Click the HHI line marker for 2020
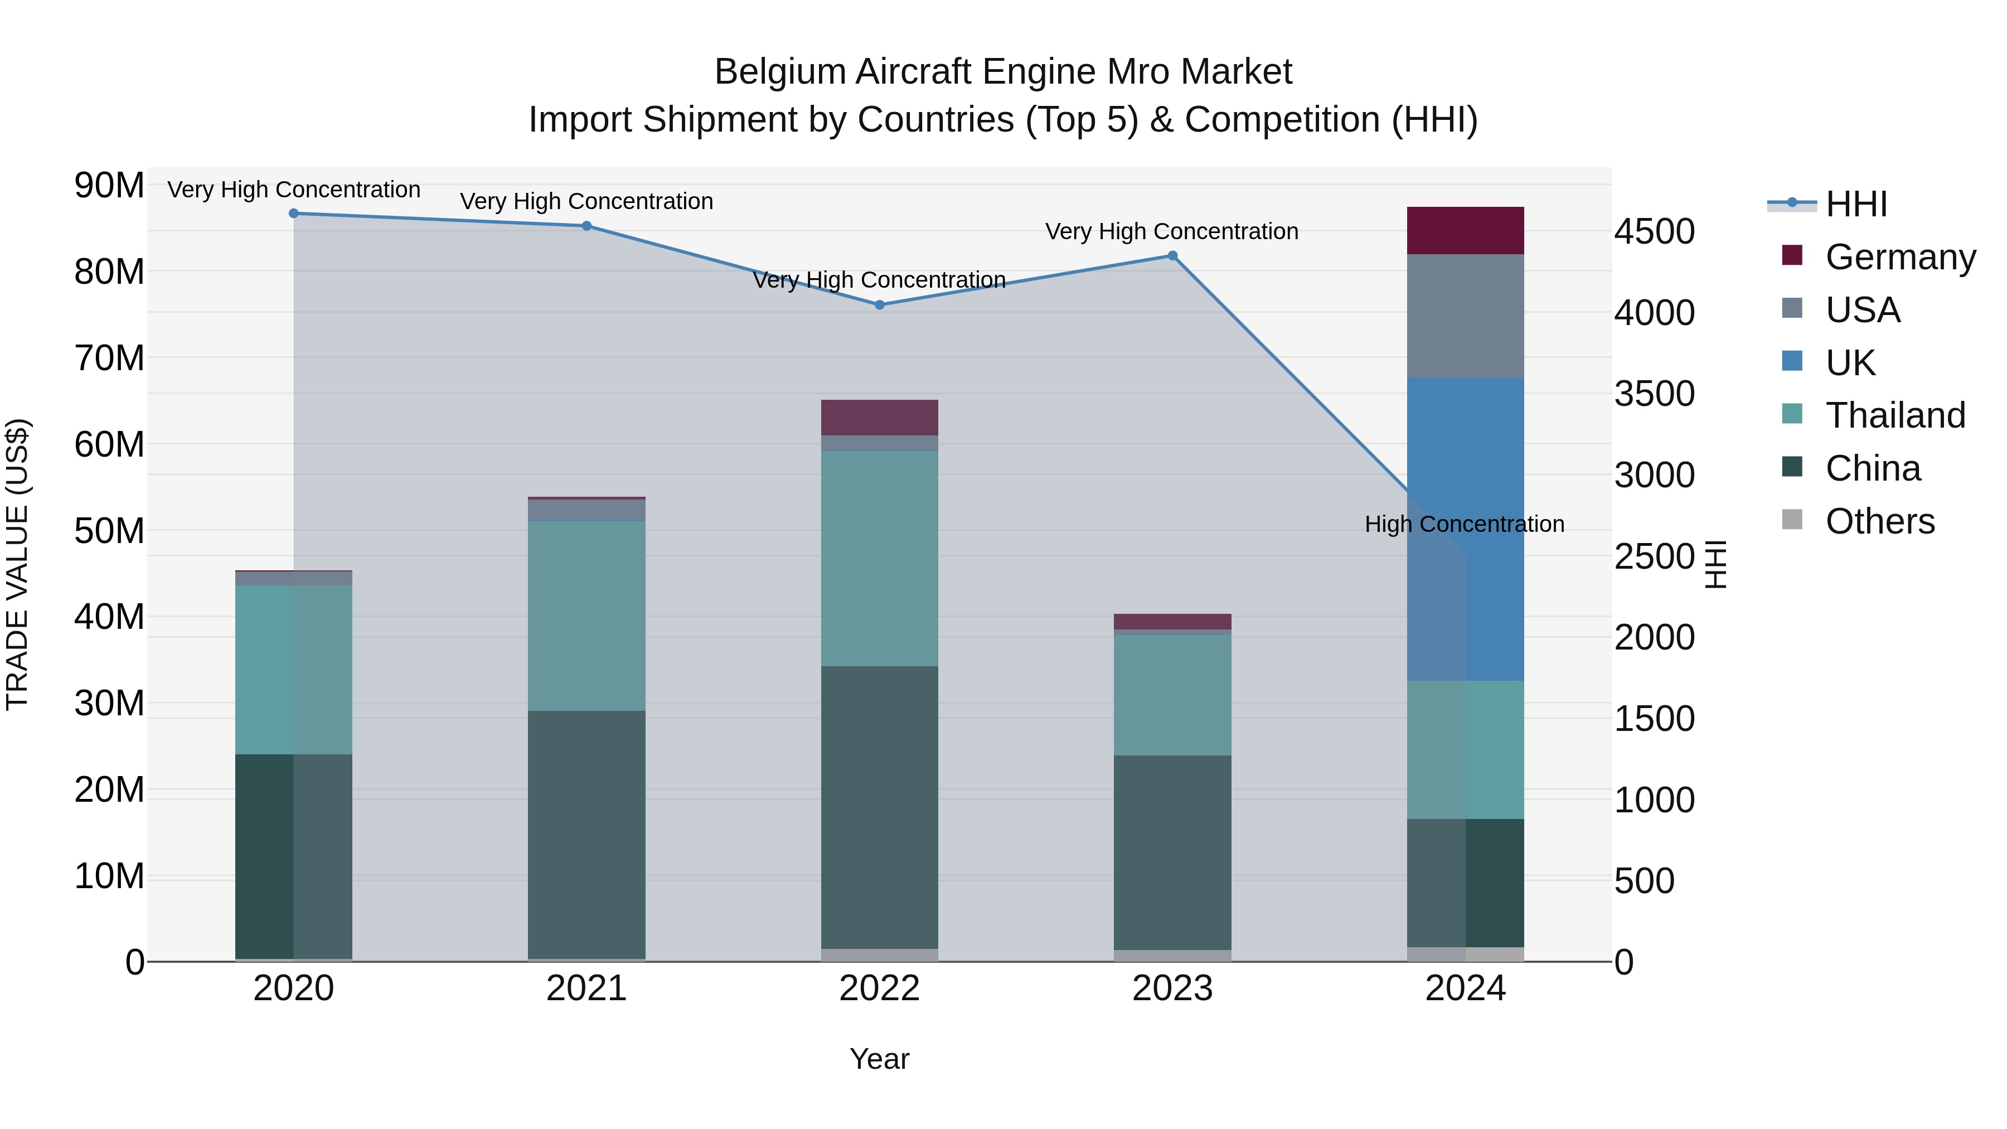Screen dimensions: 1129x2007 coord(294,214)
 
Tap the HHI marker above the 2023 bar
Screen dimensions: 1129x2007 coord(1172,255)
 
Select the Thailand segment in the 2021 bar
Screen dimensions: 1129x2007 coord(586,616)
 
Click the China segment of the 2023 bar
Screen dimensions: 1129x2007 coord(1172,852)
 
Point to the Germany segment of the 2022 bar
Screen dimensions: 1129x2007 coord(880,418)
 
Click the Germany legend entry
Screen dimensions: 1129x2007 coord(1899,257)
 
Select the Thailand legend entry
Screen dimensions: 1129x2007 coord(1895,415)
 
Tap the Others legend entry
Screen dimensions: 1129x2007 coord(1879,521)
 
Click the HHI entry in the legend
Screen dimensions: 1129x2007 coord(1856,204)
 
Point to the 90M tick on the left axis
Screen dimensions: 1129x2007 coord(109,186)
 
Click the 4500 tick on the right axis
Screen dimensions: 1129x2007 coord(1654,231)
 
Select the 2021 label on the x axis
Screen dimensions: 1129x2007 coord(586,989)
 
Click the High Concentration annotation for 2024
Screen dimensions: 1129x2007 coord(1465,525)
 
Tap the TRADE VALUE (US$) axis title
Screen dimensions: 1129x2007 coord(18,564)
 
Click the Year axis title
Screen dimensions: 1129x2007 coord(880,1059)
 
